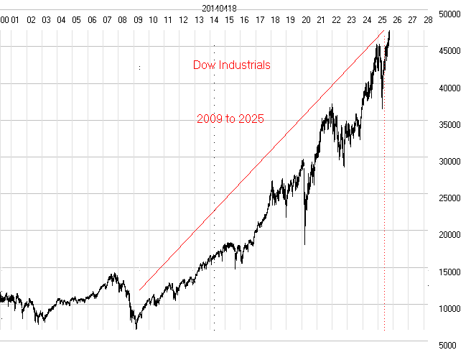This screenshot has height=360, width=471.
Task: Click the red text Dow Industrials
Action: [232, 65]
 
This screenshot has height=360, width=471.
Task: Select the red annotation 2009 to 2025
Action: [230, 119]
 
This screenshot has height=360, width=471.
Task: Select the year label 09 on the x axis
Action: [138, 20]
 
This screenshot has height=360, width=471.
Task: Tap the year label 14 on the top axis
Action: [214, 20]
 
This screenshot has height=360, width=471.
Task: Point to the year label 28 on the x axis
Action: [428, 20]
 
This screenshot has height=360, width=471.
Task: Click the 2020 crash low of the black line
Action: [305, 245]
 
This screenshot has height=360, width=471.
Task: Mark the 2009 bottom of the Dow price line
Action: [136, 329]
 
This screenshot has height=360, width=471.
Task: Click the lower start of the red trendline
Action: [140, 290]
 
